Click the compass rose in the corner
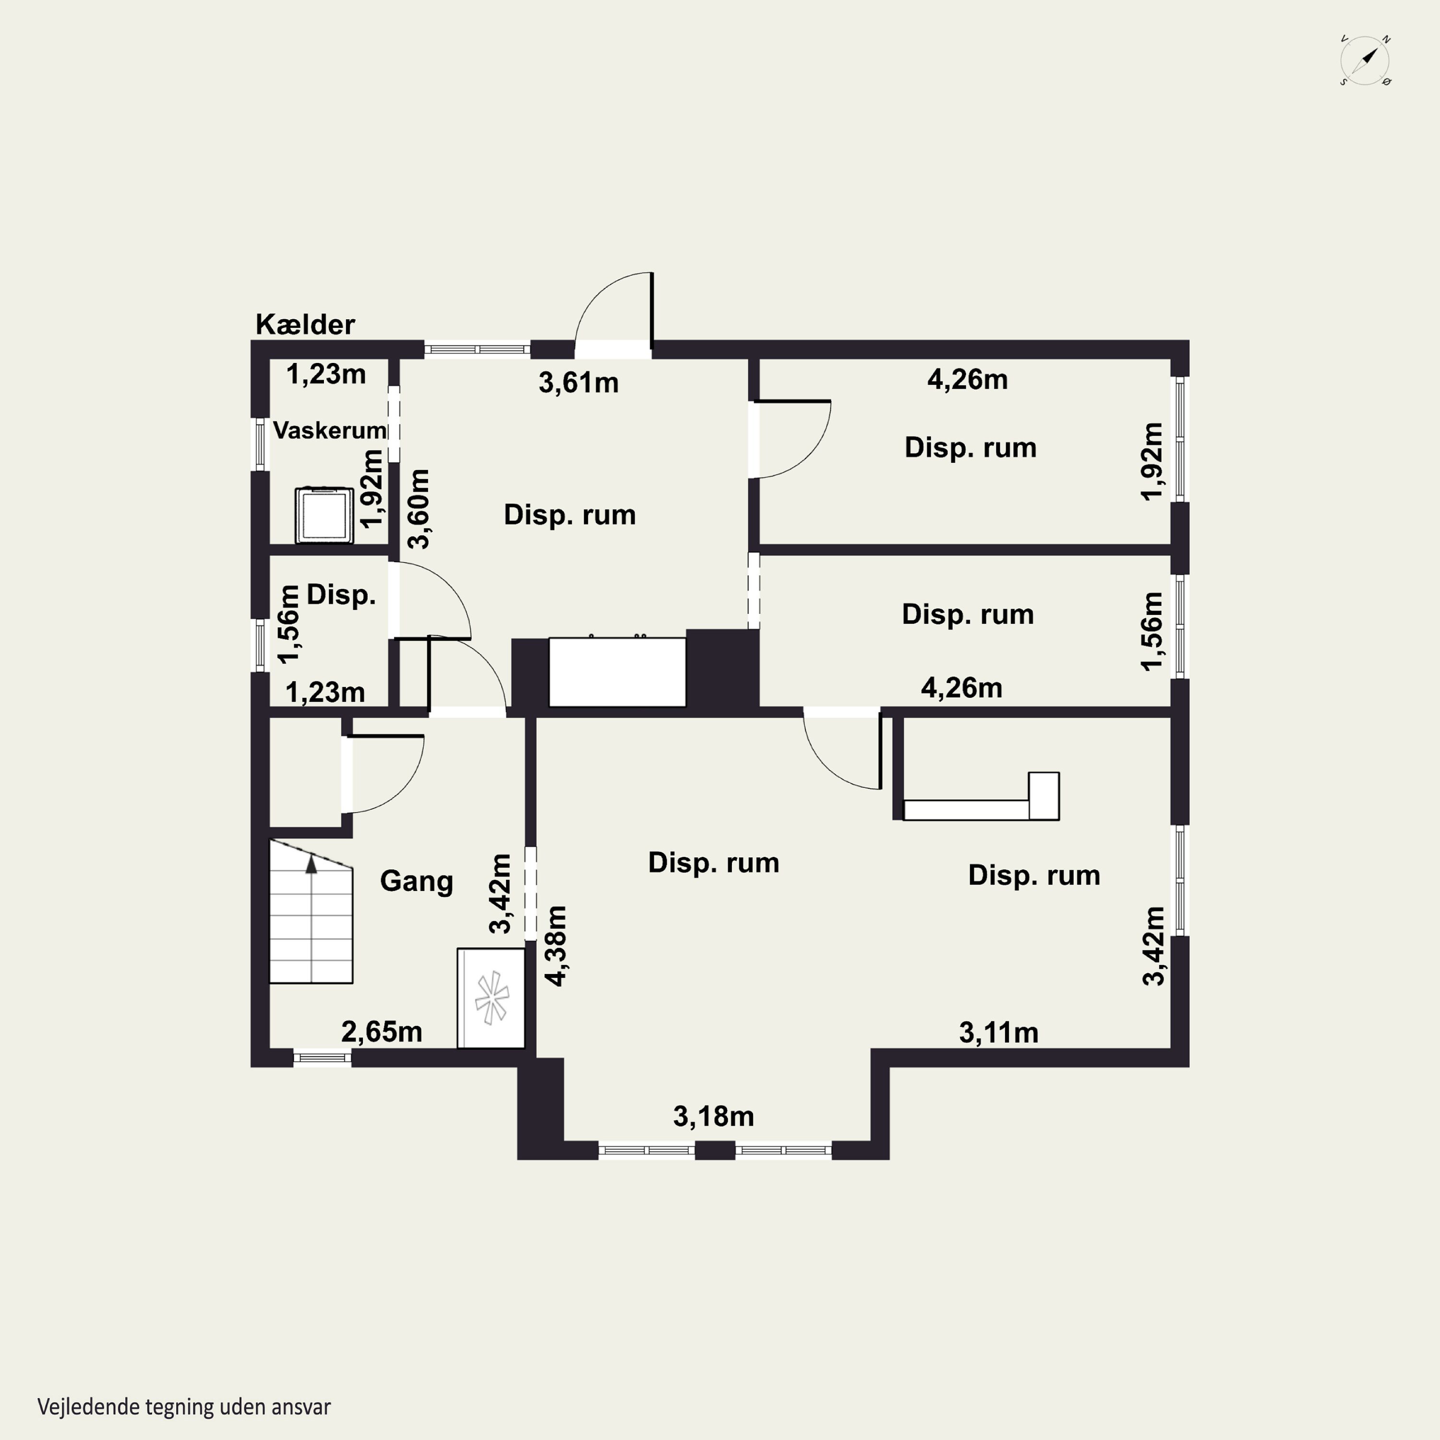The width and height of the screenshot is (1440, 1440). tap(1365, 60)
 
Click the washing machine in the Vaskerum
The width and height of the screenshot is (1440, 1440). tap(324, 515)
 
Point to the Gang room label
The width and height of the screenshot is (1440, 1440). tap(417, 881)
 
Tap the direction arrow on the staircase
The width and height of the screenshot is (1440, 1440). tap(312, 864)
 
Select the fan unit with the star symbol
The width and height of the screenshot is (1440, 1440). tap(491, 998)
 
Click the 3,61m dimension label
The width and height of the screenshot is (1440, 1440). tap(578, 383)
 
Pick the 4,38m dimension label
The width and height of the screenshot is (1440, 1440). tap(557, 946)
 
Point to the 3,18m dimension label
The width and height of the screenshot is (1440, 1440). tap(713, 1116)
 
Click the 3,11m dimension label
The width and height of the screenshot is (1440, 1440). tap(999, 1033)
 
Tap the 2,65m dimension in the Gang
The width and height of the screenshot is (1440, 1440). tap(382, 1032)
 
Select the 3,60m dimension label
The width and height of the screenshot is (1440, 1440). tap(420, 509)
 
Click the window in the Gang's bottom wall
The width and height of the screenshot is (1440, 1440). tap(322, 1057)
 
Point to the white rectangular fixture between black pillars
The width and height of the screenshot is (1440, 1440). tap(617, 672)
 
